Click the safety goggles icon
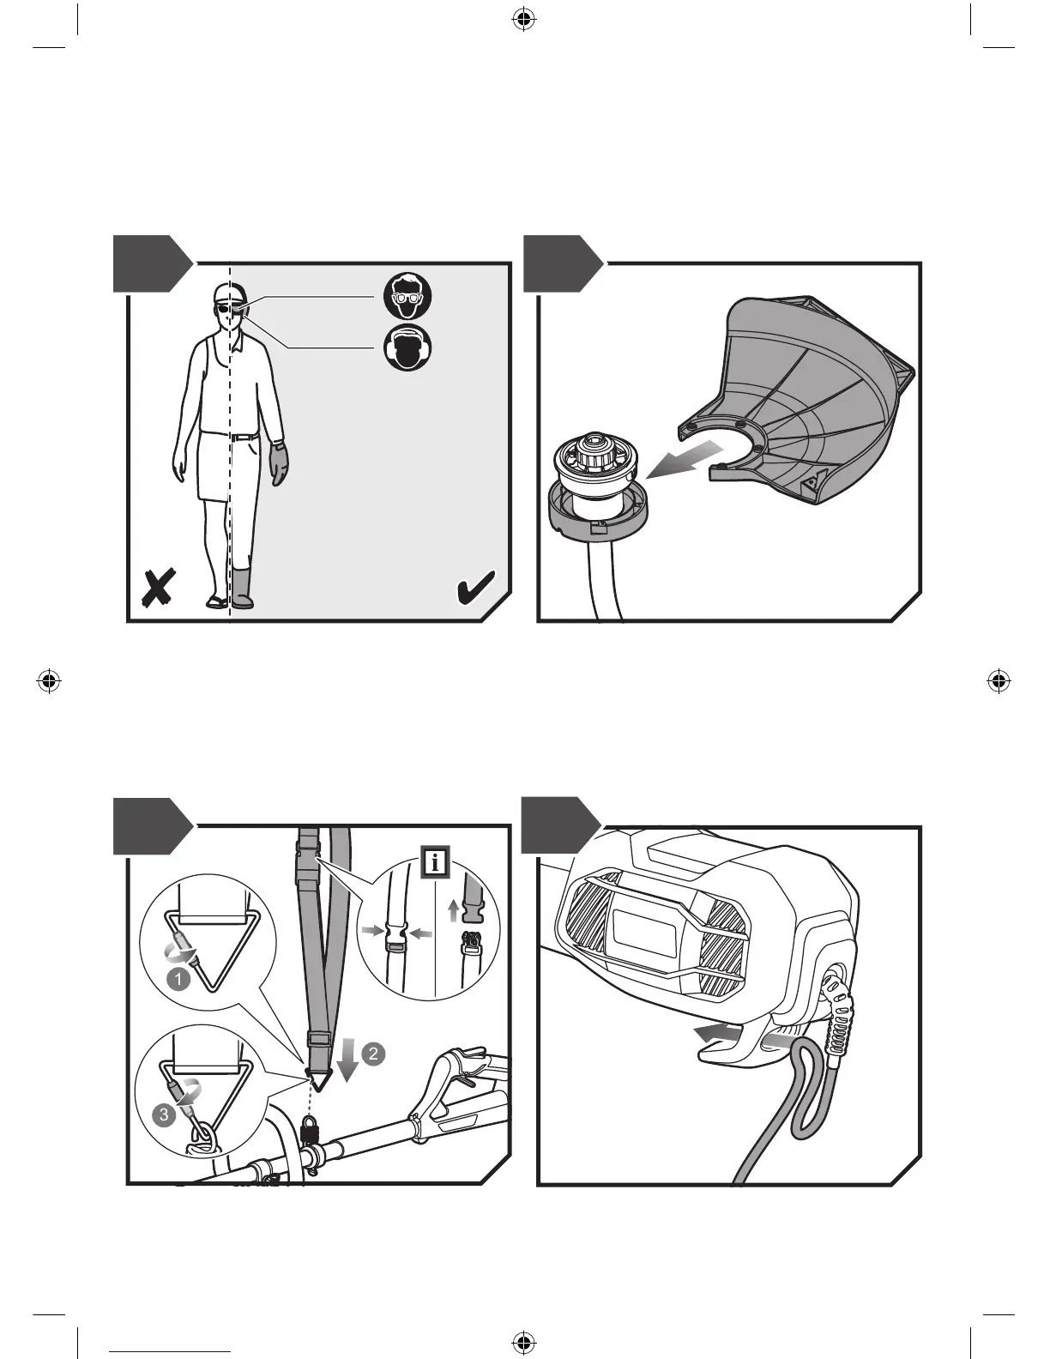pyautogui.click(x=407, y=297)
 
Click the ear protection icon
pyautogui.click(x=407, y=349)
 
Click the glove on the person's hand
pyautogui.click(x=280, y=462)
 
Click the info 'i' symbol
pyautogui.click(x=436, y=862)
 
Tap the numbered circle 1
pyautogui.click(x=177, y=977)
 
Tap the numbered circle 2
pyautogui.click(x=372, y=1054)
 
